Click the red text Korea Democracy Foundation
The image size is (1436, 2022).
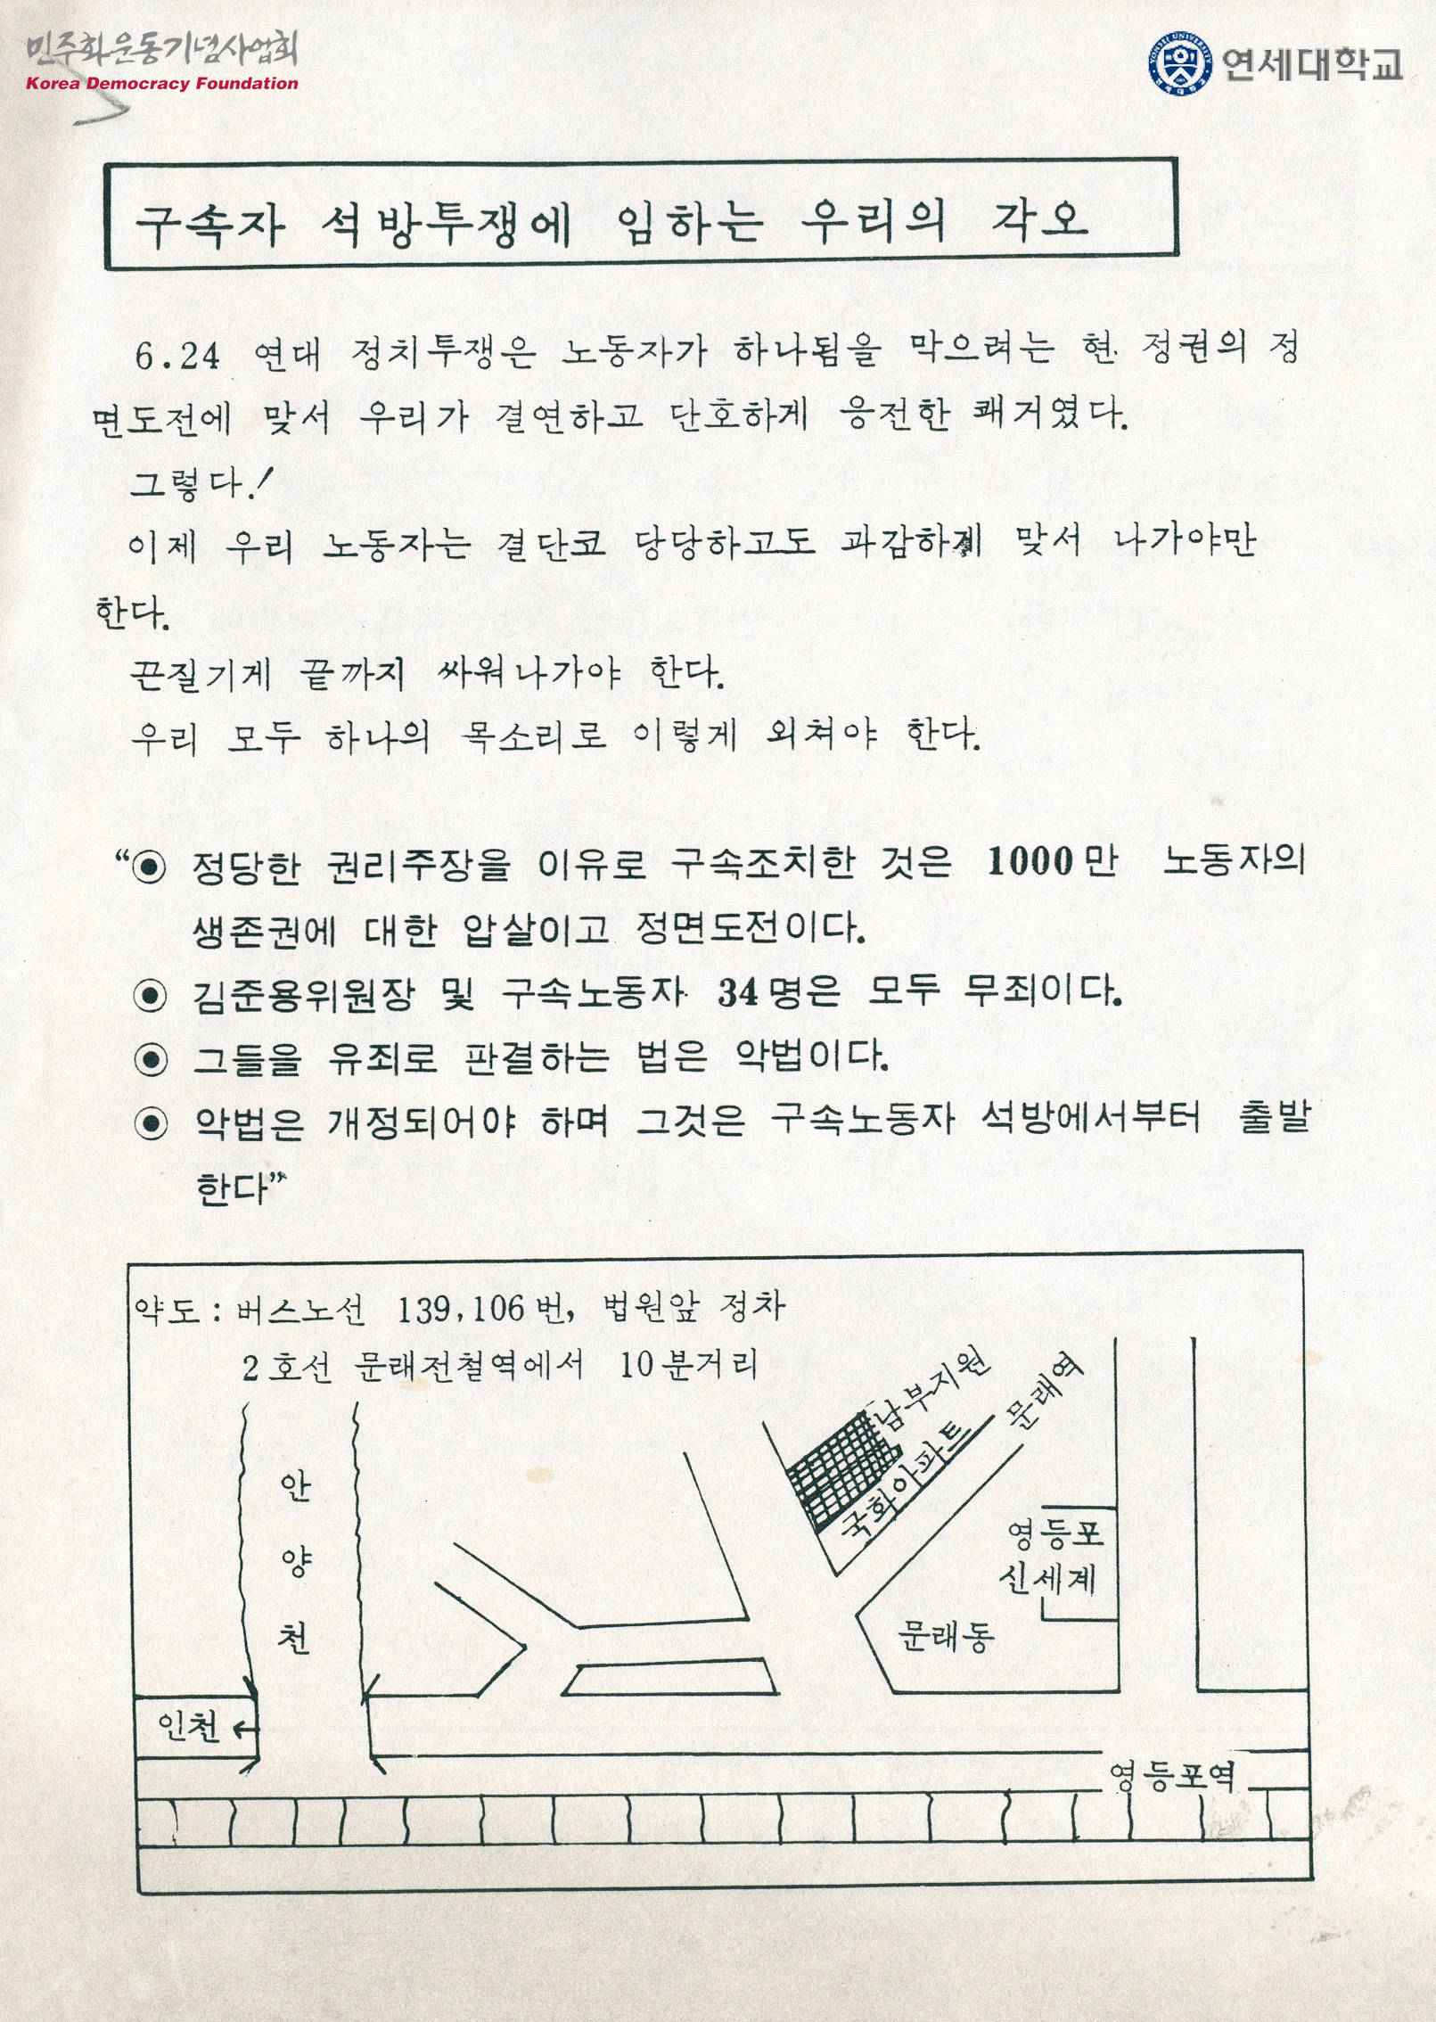pos(162,84)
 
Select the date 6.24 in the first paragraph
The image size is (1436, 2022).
pos(176,357)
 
